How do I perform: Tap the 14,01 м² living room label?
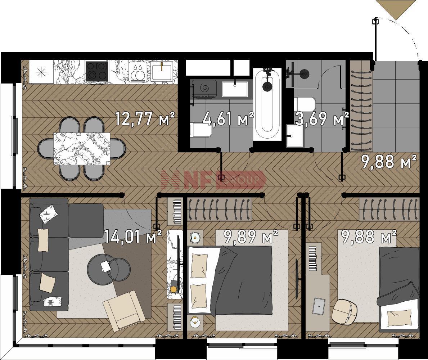[x=133, y=237]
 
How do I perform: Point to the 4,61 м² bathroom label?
[x=229, y=119]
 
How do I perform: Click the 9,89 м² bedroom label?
[x=251, y=237]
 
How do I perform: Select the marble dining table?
[x=82, y=149]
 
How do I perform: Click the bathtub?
[x=267, y=104]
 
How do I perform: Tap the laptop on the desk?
[x=319, y=306]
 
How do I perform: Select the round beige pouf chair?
[x=345, y=312]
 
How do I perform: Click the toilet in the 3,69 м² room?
[x=304, y=104]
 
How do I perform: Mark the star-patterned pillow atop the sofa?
[x=49, y=213]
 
